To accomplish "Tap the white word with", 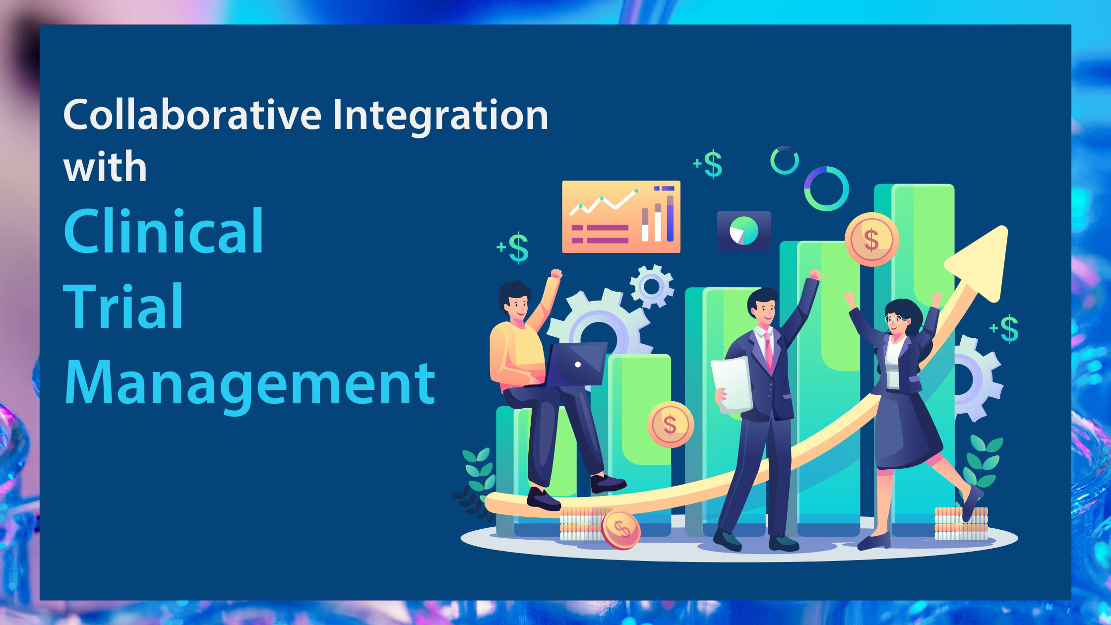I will [x=105, y=167].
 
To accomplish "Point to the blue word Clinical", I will [x=164, y=230].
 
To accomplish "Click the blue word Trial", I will [x=124, y=306].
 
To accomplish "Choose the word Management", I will [x=250, y=383].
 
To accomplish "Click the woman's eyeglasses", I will [x=897, y=319].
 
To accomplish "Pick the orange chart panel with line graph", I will [x=621, y=217].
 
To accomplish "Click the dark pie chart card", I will [x=744, y=231].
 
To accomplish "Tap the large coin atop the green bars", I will [x=871, y=240].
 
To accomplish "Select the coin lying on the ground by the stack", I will [x=620, y=530].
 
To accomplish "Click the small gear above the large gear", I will [x=652, y=286].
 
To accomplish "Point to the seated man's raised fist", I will [x=556, y=274].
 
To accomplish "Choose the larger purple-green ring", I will [x=826, y=189].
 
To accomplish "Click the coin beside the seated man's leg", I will [x=670, y=424].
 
